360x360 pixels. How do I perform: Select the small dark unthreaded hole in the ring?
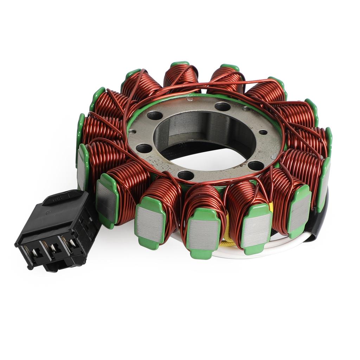[263, 132]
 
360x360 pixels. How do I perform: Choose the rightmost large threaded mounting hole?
[256, 165]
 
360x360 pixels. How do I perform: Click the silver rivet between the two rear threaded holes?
[190, 100]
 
